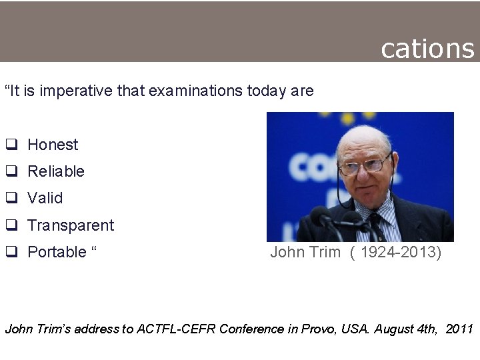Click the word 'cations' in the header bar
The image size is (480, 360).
[x=427, y=48]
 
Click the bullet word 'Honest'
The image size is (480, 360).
[x=53, y=145]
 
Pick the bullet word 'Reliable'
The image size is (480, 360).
[x=56, y=171]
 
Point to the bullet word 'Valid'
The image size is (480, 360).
[x=45, y=198]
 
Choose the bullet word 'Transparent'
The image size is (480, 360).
[x=71, y=225]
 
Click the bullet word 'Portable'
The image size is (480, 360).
[x=57, y=252]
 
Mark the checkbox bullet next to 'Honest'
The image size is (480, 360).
[x=11, y=145]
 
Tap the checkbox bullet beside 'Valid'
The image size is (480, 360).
[x=11, y=199]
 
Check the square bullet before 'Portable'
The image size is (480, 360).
[x=11, y=253]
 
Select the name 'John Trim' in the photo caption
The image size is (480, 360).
[x=305, y=252]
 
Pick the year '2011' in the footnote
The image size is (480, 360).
[x=459, y=329]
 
